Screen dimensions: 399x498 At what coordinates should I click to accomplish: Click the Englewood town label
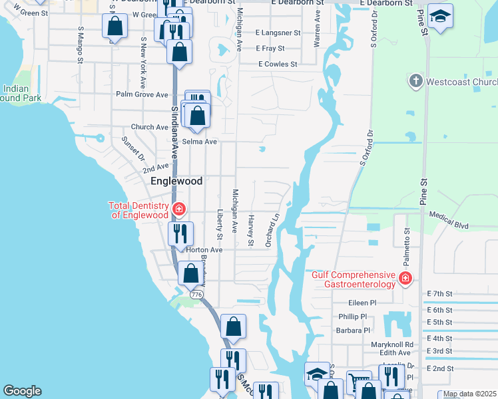[x=176, y=180]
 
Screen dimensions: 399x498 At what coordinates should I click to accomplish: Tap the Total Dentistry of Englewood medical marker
[x=178, y=209]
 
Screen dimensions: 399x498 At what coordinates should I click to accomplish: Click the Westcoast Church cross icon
[x=415, y=82]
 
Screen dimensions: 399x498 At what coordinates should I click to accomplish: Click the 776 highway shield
[x=196, y=293]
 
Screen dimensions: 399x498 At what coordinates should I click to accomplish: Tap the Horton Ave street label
[x=204, y=250]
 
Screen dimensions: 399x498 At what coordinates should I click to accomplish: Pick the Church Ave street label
[x=150, y=127]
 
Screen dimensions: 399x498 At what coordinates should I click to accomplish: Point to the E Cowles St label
[x=278, y=64]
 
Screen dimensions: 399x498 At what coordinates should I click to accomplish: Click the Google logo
[x=22, y=391]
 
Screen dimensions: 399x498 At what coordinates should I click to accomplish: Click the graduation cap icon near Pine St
[x=440, y=16]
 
